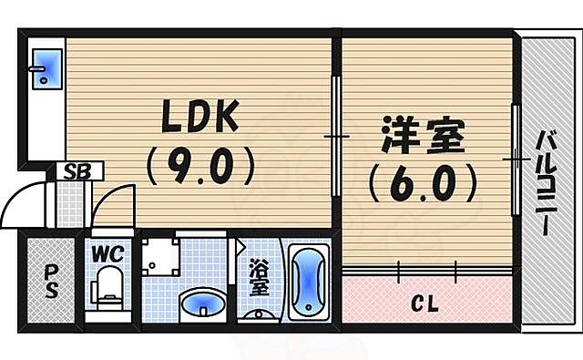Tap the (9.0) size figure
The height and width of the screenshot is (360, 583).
click(198, 166)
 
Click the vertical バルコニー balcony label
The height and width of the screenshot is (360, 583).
click(547, 182)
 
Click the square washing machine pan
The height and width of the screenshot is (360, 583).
click(161, 256)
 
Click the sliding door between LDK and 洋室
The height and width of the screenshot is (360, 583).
click(336, 137)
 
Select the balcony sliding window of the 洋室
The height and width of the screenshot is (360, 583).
click(516, 159)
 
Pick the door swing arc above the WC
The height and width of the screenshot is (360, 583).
click(114, 205)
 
